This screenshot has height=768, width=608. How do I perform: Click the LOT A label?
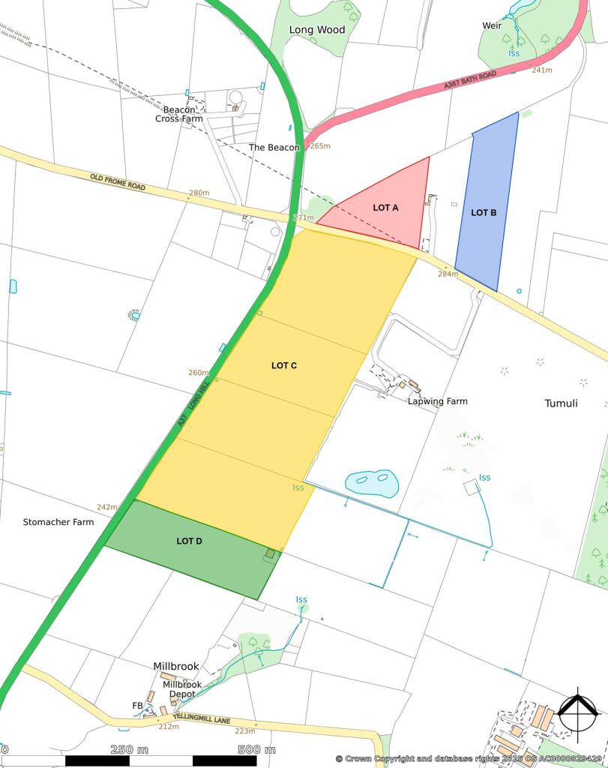click(x=385, y=208)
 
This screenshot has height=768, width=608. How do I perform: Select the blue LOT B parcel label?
click(x=484, y=212)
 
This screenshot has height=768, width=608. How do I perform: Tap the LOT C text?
click(x=284, y=365)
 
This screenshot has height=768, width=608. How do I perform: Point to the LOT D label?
click(x=189, y=541)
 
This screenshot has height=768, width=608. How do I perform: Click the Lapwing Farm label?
click(x=437, y=401)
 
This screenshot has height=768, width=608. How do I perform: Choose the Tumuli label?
click(x=561, y=403)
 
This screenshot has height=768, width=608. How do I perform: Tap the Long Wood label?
click(x=317, y=30)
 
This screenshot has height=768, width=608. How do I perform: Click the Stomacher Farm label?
click(x=58, y=521)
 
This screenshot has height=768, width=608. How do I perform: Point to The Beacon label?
click(x=274, y=148)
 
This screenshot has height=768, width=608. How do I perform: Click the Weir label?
click(x=492, y=25)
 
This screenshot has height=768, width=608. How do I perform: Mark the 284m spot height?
click(x=448, y=274)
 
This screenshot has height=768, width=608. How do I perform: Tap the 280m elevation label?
click(x=199, y=193)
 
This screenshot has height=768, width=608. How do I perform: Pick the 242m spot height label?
click(x=107, y=508)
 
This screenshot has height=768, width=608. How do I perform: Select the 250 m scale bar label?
click(x=130, y=749)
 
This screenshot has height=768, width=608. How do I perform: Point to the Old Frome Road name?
click(x=118, y=182)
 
